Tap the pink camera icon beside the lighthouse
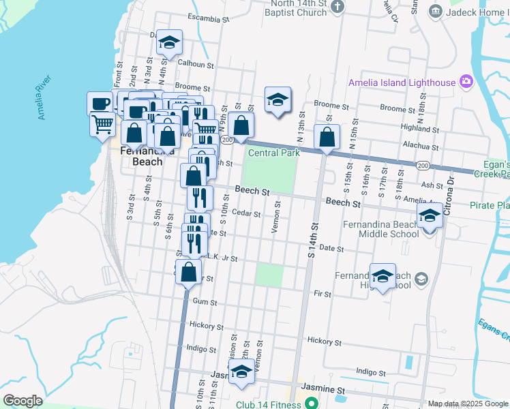[466, 82]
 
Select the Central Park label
[274, 153]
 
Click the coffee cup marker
[100, 104]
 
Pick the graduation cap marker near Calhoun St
[169, 43]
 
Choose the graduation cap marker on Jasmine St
[241, 372]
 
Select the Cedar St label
[247, 213]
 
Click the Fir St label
[322, 294]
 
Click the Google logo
[22, 401]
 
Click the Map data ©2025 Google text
[468, 404]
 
